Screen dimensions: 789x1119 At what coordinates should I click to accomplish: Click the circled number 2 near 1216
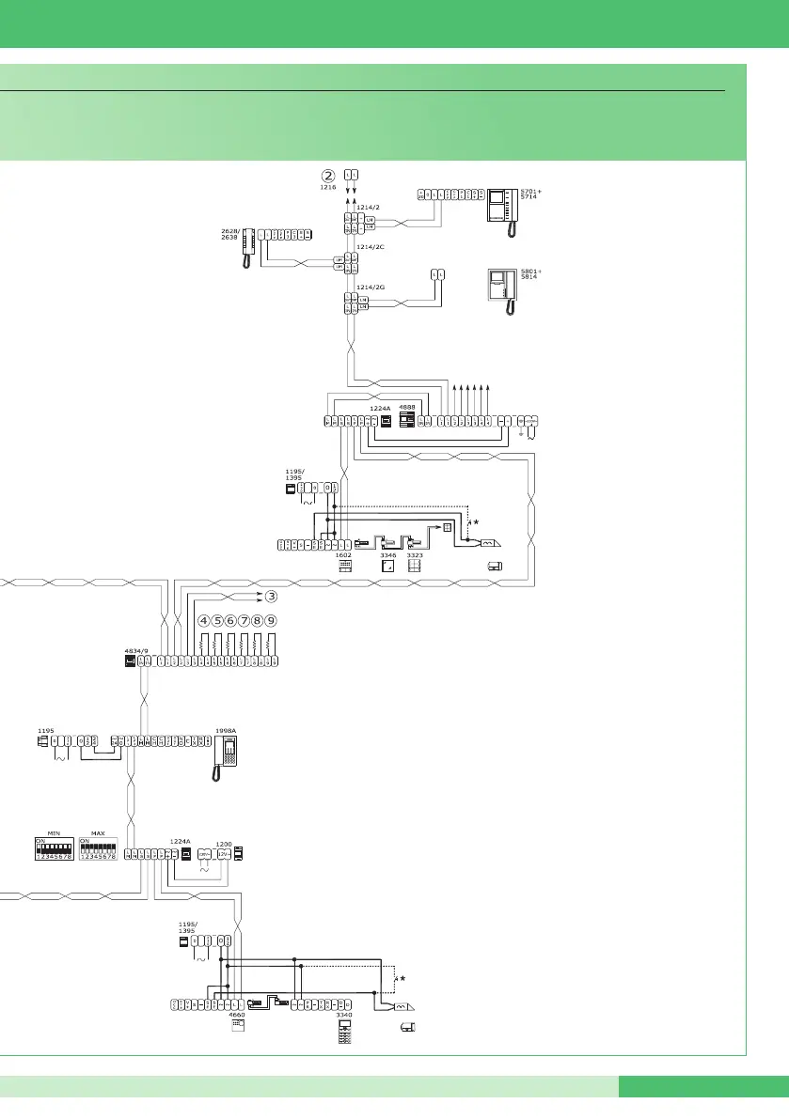pos(328,175)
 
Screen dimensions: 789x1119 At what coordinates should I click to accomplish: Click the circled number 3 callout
pos(271,596)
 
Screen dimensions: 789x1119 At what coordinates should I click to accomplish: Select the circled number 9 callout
pos(271,621)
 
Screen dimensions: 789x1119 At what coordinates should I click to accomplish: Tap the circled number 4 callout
pos(204,621)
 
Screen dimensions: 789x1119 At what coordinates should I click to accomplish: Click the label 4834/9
pos(137,649)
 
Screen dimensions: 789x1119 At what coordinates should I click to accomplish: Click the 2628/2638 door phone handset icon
pos(249,249)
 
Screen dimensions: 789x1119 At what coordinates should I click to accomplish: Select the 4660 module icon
pos(237,1027)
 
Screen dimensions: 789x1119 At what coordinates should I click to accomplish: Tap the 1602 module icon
pos(344,567)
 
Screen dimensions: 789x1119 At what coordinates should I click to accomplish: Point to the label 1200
pos(223,843)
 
